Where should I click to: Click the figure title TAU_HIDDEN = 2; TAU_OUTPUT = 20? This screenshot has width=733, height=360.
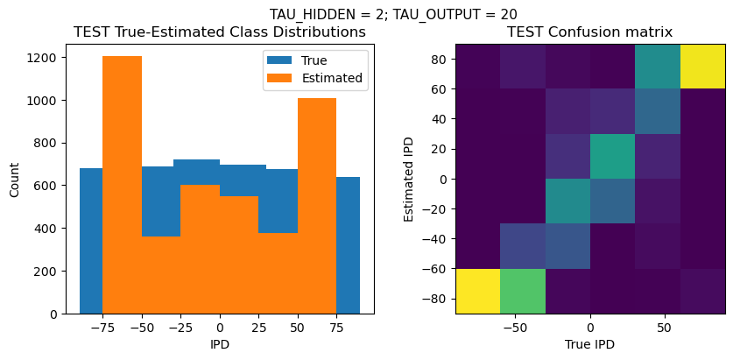pos(391,14)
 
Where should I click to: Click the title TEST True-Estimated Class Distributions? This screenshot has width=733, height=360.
pos(219,32)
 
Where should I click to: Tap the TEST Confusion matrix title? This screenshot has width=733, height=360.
pos(590,32)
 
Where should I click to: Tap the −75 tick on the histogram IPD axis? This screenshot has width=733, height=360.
pos(102,327)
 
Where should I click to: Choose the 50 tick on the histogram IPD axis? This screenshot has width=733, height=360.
pos(297,327)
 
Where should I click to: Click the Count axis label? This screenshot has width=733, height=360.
pos(15,179)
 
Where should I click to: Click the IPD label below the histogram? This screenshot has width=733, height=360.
pos(220,344)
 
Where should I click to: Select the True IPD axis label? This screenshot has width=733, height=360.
pos(590,344)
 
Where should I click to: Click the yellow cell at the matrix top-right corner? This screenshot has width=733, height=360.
pos(702,66)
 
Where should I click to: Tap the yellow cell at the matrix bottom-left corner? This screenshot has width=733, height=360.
pos(478,291)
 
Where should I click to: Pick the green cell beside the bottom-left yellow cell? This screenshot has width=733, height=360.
pos(523,291)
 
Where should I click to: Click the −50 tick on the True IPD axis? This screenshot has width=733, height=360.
pos(515,327)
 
